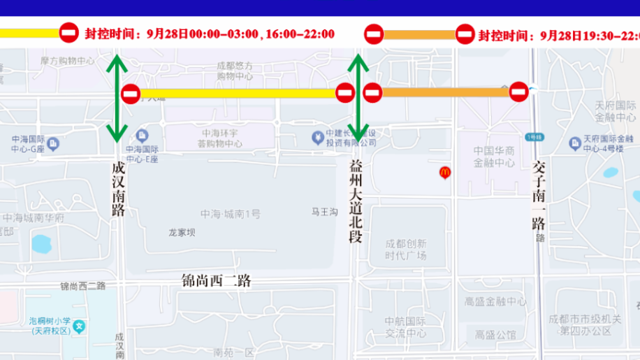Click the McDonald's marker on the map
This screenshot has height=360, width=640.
[x=444, y=172]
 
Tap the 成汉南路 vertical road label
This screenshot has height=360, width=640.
[x=119, y=189]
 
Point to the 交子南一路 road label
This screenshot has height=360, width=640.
[x=539, y=196]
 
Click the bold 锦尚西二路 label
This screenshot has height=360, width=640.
[x=216, y=281]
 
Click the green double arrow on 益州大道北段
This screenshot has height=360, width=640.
[x=358, y=98]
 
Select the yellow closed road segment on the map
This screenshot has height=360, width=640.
[x=238, y=93]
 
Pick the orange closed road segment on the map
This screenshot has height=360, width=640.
[x=445, y=92]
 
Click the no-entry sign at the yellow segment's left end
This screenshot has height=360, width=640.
[x=131, y=94]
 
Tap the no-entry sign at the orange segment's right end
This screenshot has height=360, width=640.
[x=518, y=92]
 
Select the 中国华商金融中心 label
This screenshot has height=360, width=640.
[x=494, y=157]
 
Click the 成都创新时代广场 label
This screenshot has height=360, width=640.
[x=406, y=250]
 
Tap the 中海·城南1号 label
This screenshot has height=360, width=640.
[x=230, y=214]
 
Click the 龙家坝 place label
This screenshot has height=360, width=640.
[x=182, y=233]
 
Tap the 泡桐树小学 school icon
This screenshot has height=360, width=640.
[x=80, y=325]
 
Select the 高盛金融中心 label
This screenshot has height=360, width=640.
[x=495, y=301]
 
